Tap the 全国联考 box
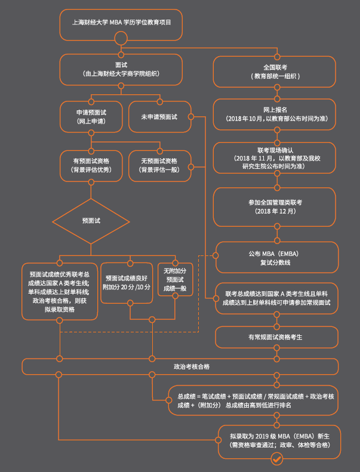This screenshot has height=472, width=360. (x=276, y=72)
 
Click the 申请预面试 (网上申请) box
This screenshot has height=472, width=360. (x=90, y=116)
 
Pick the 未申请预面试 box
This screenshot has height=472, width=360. (x=159, y=116)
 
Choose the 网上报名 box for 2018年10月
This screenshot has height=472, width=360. (x=276, y=114)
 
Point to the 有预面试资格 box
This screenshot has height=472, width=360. (x=90, y=165)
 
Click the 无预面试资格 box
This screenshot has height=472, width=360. (x=159, y=165)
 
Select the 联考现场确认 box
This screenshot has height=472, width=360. (x=276, y=158)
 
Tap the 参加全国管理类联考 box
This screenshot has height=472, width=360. (x=276, y=206)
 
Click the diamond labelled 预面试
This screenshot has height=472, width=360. (x=91, y=221)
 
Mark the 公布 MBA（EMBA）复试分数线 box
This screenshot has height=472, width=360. (x=276, y=258)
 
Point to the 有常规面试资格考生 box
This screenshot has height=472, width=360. (x=276, y=337)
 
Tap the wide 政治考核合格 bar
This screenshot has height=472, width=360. (x=180, y=366)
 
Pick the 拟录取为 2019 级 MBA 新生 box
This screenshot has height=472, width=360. (x=276, y=440)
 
